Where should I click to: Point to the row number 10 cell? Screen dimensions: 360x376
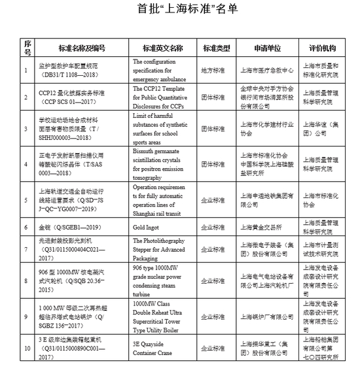pos(26,349)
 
